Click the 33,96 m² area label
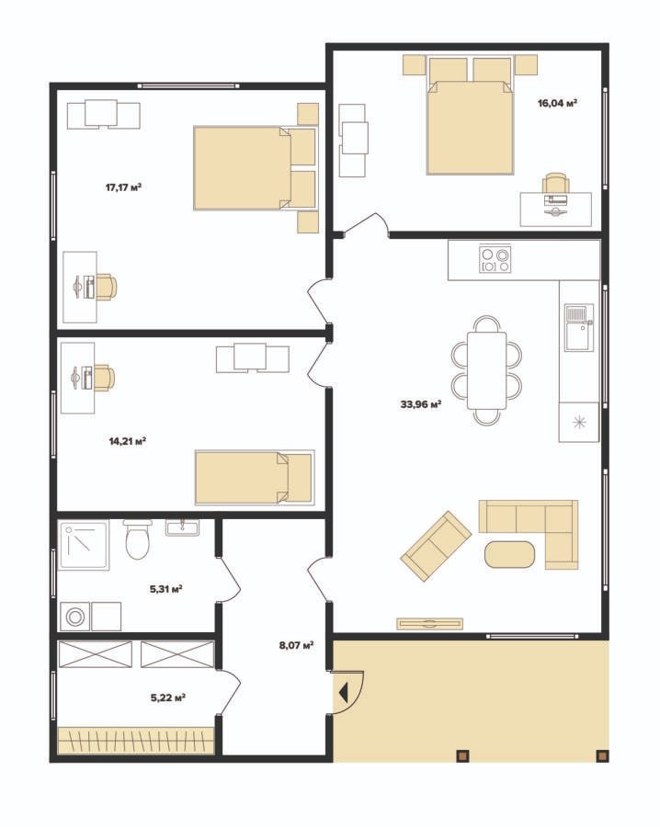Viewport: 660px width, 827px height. click(x=420, y=404)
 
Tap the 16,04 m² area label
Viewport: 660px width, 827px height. click(x=557, y=103)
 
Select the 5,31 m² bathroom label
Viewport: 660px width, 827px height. click(x=166, y=589)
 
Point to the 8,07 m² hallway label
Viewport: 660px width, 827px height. click(x=297, y=645)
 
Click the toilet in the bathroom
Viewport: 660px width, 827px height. click(x=138, y=539)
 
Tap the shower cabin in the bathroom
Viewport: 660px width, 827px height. click(x=84, y=545)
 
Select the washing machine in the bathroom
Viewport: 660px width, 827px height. click(x=74, y=616)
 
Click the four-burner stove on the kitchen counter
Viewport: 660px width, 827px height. click(x=495, y=259)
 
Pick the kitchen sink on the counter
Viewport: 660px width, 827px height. click(x=579, y=327)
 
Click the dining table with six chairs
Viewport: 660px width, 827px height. click(x=486, y=370)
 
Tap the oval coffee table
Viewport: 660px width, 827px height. click(x=509, y=554)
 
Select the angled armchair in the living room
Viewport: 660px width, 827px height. click(x=436, y=546)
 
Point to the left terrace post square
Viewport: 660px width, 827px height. click(x=462, y=756)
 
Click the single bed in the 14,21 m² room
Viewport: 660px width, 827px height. click(x=255, y=477)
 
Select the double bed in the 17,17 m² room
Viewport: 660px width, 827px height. click(x=255, y=168)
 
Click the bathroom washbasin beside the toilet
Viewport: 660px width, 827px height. click(x=183, y=527)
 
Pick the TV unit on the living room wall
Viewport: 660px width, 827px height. click(x=430, y=623)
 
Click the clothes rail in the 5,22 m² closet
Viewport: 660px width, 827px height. click(x=136, y=740)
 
